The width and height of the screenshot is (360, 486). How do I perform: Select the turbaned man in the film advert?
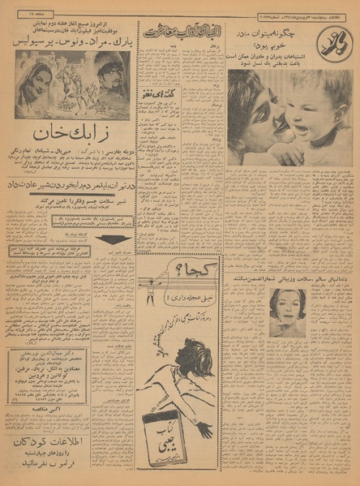pos(113,81)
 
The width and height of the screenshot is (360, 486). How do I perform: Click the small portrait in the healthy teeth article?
pos(288,312)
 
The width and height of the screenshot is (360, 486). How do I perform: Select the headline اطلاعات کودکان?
pos(68,443)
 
